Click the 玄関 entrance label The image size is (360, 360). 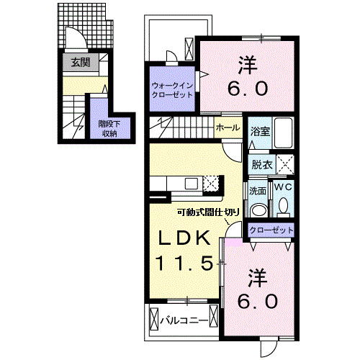(80, 63)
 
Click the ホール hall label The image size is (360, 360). (229, 127)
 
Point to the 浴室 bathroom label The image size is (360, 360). (259, 132)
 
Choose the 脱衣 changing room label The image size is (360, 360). (260, 164)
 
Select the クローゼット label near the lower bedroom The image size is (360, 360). (271, 230)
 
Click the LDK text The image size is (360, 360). (184, 238)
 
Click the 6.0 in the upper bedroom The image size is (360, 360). (248, 89)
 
